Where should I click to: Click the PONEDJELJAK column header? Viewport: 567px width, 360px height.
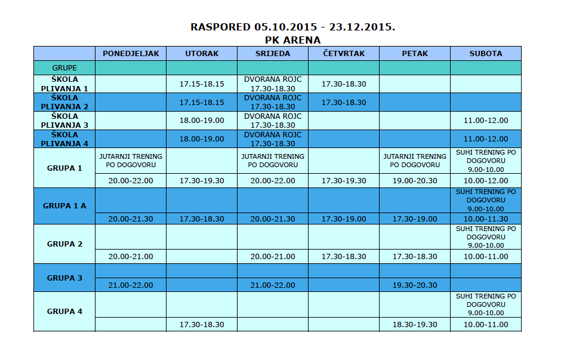coord(131,53)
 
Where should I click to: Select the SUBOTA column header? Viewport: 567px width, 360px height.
coord(485,53)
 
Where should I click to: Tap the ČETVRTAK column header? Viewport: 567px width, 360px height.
coord(343,53)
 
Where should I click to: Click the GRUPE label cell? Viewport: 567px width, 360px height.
coord(64,67)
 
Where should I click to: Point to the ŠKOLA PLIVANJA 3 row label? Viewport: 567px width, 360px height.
coord(64,121)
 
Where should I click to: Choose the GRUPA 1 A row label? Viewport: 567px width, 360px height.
coord(64,205)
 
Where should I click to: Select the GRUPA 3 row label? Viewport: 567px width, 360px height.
coord(64,278)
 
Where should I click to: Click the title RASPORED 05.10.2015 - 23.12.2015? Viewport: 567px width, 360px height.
coord(292,27)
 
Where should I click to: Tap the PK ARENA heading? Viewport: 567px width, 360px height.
coord(292,40)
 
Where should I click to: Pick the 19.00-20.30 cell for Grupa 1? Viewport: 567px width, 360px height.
coord(414,180)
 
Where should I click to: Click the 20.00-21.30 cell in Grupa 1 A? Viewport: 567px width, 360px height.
coord(131,219)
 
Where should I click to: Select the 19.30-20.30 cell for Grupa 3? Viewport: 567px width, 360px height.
coord(414,285)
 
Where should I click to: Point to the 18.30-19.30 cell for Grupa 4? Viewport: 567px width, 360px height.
coord(414,324)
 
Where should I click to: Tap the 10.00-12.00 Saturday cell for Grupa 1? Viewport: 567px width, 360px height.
coord(485,180)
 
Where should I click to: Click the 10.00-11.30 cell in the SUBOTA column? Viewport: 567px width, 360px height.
coord(485,219)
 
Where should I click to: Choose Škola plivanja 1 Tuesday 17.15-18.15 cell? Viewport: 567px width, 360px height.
coord(202,84)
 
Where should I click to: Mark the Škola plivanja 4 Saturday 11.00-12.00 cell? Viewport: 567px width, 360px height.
coord(485,139)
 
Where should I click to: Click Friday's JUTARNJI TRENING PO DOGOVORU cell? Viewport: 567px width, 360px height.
coord(414,160)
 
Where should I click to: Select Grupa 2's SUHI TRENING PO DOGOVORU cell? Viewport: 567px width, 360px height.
coord(485,237)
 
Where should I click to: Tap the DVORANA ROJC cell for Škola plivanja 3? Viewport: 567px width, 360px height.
coord(273,121)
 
